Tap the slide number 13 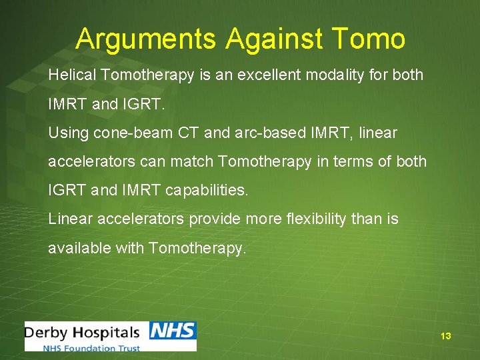(446, 336)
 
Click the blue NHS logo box (172, 331)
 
